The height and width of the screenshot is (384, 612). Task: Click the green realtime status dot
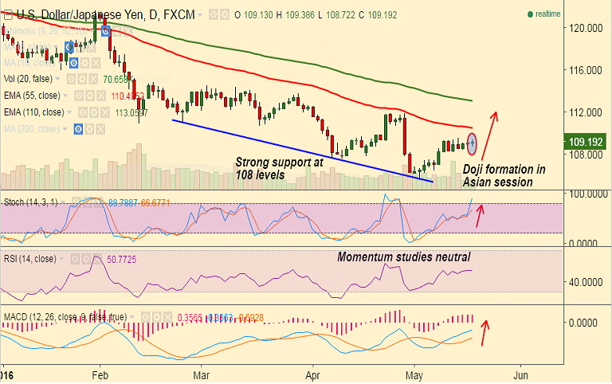529,14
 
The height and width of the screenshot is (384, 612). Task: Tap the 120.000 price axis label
586,27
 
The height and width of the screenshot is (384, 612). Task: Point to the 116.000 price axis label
586,70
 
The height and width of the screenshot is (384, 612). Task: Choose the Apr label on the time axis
312,373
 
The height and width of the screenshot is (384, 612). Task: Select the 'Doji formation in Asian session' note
504,176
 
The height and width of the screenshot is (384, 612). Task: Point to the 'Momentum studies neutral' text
403,257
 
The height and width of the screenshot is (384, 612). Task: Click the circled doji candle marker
473,144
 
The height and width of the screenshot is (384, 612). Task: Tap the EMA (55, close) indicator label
33,96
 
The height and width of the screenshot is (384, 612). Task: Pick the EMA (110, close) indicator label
36,112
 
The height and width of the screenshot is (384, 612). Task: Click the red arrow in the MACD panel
484,327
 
